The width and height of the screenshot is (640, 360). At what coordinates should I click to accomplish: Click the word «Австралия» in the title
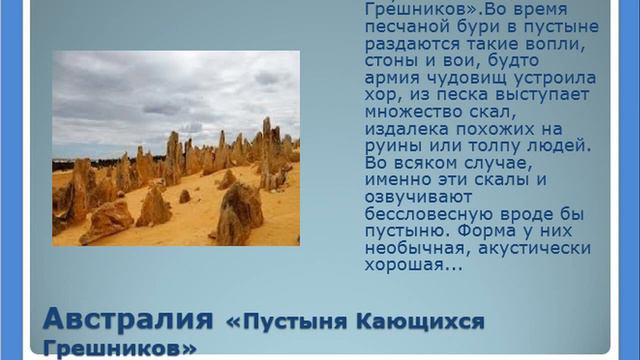[127, 321]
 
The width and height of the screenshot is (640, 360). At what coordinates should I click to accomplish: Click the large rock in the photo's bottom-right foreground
[240, 212]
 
